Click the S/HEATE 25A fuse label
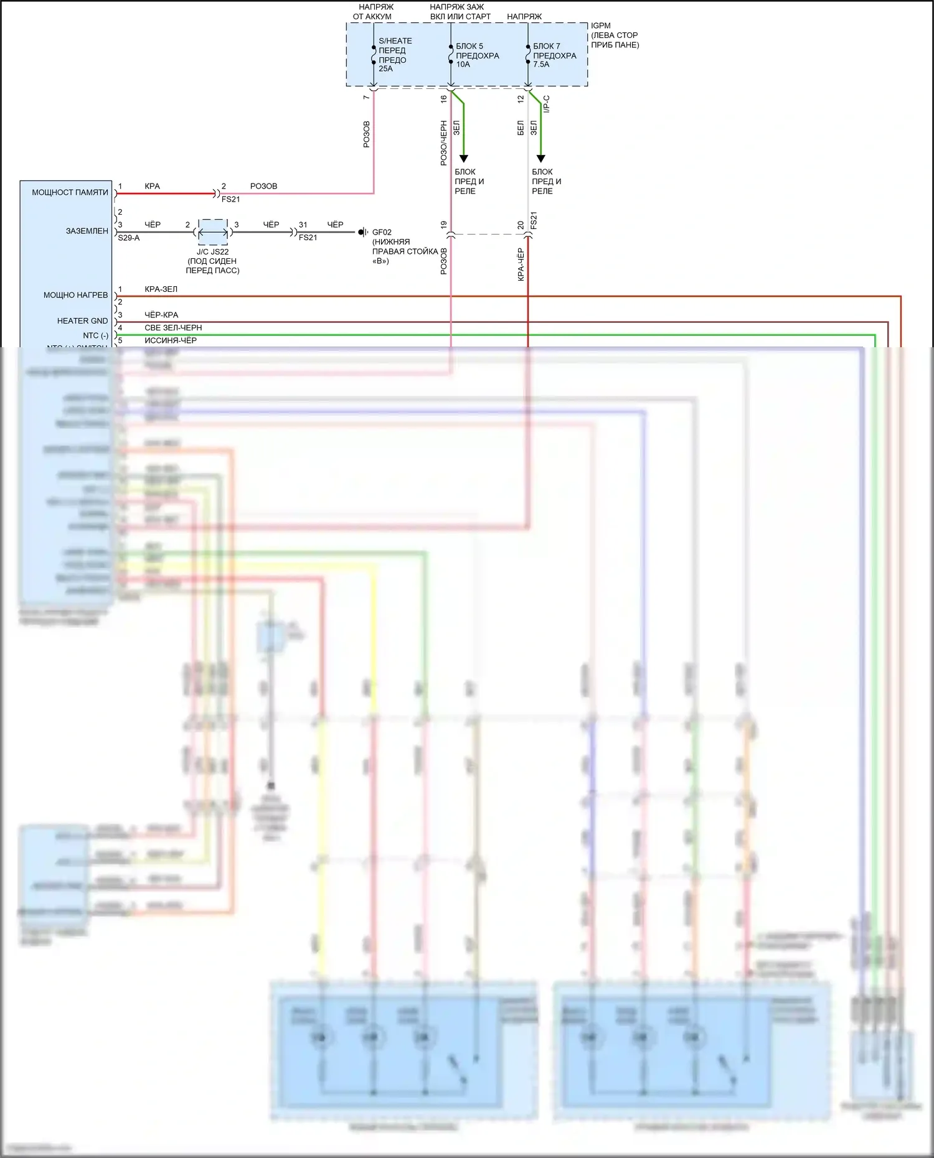click(x=395, y=55)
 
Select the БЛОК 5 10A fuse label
click(x=477, y=55)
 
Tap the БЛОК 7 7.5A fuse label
click(x=554, y=55)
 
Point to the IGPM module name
click(x=601, y=26)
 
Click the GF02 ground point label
click(x=382, y=232)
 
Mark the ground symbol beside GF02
click(x=362, y=232)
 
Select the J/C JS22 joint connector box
click(x=212, y=232)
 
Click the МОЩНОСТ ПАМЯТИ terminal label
click(x=70, y=192)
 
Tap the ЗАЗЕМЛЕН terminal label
click(x=87, y=231)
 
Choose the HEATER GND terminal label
click(x=82, y=321)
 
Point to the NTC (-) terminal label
click(x=95, y=335)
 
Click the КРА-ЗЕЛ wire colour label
click(x=161, y=289)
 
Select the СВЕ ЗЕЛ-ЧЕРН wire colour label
click(x=173, y=328)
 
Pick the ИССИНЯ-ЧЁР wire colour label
click(x=171, y=340)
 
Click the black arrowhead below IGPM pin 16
click(x=463, y=159)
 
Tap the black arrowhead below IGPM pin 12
click(x=540, y=159)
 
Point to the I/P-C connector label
click(x=546, y=103)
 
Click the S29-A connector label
click(x=129, y=238)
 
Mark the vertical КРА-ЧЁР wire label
click(x=521, y=265)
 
